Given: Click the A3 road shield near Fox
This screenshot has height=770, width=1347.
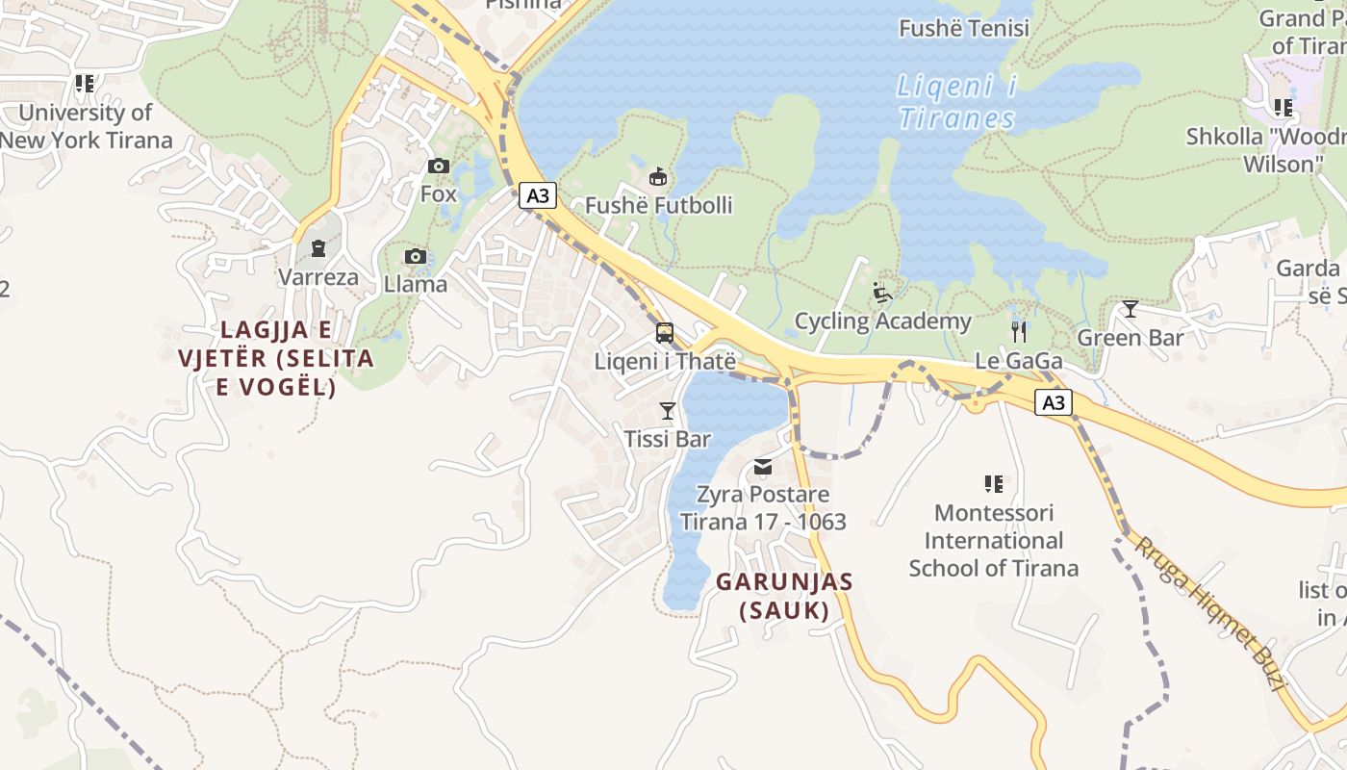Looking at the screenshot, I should [x=538, y=195].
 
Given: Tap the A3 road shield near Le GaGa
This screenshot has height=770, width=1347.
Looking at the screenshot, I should [x=1054, y=402].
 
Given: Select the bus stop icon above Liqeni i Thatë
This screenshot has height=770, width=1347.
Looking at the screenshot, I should [x=665, y=333].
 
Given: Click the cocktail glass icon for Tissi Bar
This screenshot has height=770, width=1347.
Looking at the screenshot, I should [x=667, y=411].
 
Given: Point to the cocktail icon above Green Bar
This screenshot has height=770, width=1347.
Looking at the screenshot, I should [x=1131, y=309].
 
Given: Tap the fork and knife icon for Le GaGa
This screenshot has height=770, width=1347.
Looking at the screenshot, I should [x=1019, y=332].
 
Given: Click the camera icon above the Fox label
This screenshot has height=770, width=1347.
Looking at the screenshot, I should [x=439, y=166].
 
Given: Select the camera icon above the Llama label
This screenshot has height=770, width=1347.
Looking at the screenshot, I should [x=416, y=256].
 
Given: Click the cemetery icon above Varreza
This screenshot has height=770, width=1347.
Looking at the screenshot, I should [x=318, y=249].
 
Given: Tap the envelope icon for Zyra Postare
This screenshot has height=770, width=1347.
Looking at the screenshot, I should [x=763, y=467].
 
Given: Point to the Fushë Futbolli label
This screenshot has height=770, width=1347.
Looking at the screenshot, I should [x=659, y=205].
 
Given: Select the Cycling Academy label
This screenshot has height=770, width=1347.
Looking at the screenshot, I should [x=882, y=321].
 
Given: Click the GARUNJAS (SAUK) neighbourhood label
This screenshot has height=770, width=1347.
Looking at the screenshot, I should [x=784, y=596].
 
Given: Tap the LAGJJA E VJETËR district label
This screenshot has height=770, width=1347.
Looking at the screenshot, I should [x=276, y=358].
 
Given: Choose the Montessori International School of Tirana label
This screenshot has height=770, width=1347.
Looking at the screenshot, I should [x=994, y=540].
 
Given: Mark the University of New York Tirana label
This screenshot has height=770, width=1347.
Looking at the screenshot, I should [x=86, y=126].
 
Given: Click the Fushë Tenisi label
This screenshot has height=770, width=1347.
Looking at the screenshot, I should [x=964, y=28].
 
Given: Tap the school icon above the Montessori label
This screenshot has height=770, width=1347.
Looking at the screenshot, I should [x=994, y=483].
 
